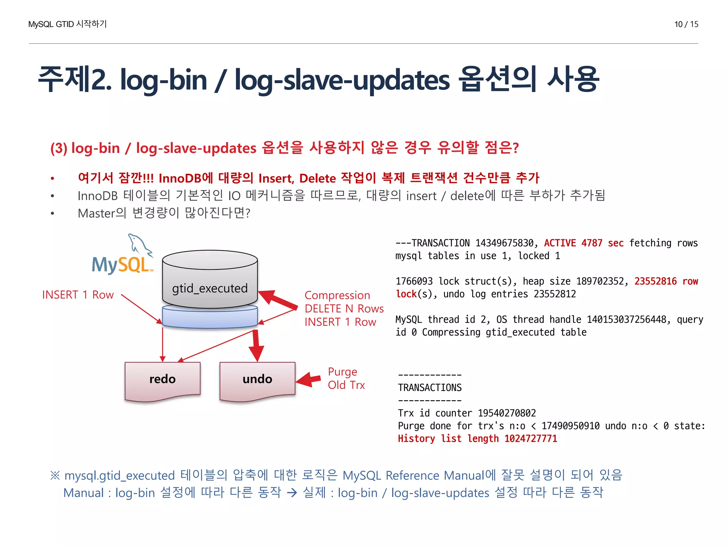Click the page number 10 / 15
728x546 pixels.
tap(686, 24)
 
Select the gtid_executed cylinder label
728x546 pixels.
tap(210, 288)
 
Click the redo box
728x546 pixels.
tap(162, 379)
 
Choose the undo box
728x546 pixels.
tap(257, 379)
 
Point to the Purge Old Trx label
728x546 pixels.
tap(346, 379)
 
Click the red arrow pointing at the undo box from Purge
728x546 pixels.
tap(308, 380)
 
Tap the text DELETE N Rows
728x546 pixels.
tap(344, 309)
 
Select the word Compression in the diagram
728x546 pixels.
tap(337, 295)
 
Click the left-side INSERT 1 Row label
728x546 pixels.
tap(78, 295)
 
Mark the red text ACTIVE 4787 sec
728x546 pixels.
tap(584, 243)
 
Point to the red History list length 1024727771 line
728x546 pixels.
tap(477, 439)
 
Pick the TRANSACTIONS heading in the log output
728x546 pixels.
tap(430, 387)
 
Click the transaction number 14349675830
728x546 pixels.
tap(504, 243)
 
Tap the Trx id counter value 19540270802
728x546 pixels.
tap(507, 413)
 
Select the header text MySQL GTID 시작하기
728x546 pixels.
tap(68, 24)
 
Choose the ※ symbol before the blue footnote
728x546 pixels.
tap(55, 475)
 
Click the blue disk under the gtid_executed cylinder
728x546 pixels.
tap(210, 317)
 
